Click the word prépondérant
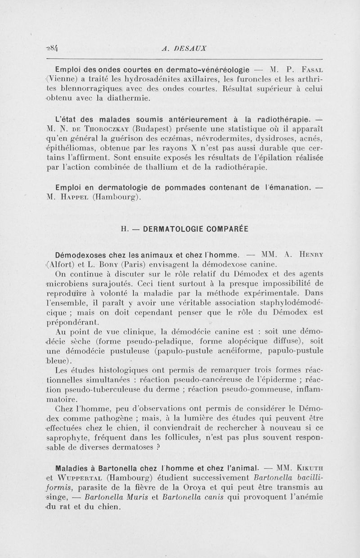pos(73,322)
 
